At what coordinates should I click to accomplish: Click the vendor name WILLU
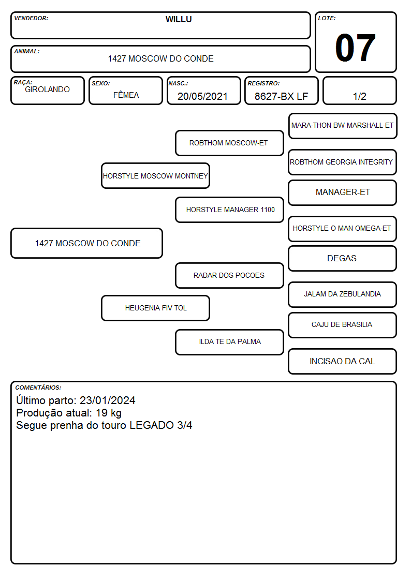coord(179,19)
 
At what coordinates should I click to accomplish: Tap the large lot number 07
coord(356,48)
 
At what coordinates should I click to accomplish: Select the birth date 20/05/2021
coord(202,96)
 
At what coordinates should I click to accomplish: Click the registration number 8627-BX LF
coord(281,96)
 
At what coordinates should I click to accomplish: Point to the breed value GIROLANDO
coord(48,90)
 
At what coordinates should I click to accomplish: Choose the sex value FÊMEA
coord(126,95)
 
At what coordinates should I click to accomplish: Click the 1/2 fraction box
coord(359,91)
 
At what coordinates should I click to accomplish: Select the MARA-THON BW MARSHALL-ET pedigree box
coord(343,126)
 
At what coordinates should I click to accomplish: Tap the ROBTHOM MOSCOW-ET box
coord(229,143)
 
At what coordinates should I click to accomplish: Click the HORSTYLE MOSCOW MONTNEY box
coord(155,176)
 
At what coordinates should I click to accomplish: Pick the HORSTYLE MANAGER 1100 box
coord(229,210)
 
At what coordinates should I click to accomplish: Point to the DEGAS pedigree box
coord(343,258)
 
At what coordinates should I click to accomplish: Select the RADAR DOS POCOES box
coord(229,275)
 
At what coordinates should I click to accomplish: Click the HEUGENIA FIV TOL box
coord(155,308)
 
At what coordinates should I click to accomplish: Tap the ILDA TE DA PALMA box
coord(229,342)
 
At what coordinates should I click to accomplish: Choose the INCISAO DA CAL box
coord(343,361)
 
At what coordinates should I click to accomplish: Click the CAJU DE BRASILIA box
coord(343,325)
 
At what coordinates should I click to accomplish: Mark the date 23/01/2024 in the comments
coord(108,400)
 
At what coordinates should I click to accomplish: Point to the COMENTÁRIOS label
coord(38,388)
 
